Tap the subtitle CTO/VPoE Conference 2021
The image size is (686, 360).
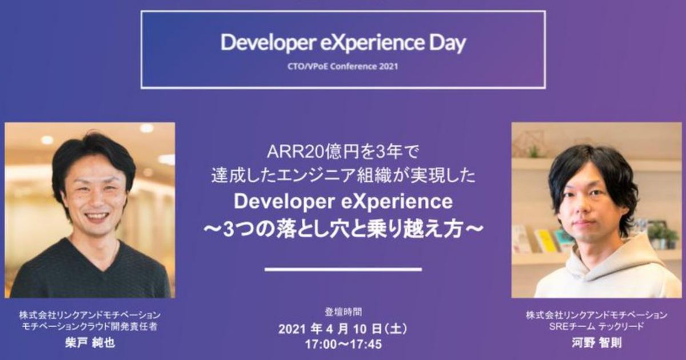[x=342, y=66]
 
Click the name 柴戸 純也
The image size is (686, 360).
[x=90, y=343]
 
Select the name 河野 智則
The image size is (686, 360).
[x=597, y=343]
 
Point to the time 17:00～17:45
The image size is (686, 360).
[x=344, y=344]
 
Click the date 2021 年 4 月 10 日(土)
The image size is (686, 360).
[x=343, y=329]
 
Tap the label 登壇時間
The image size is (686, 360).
[x=344, y=312]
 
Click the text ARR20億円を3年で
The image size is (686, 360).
[x=342, y=152]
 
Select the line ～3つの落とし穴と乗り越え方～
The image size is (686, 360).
[x=343, y=230]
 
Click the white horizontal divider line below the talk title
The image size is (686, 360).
[x=344, y=269]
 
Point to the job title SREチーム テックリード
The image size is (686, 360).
[x=597, y=326]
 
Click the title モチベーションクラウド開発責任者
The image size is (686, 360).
[x=90, y=326]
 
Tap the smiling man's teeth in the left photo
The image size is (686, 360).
[x=96, y=217]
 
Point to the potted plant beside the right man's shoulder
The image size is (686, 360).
[x=663, y=234]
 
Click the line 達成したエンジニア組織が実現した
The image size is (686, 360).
[x=344, y=176]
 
